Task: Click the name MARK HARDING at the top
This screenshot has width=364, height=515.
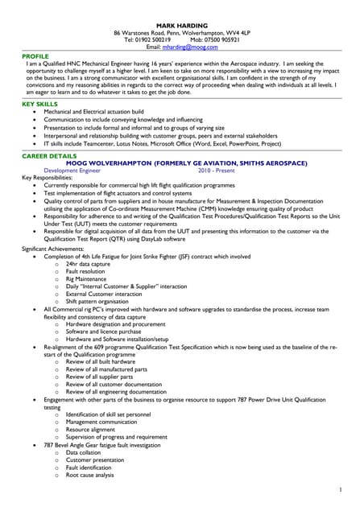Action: click(181, 27)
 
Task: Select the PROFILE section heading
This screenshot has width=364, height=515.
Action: click(37, 56)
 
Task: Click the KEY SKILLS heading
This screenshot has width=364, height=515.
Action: click(40, 104)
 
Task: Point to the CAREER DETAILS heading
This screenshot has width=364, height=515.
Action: click(49, 154)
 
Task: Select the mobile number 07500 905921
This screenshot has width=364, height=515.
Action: click(221, 40)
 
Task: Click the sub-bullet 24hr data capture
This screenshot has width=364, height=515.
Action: click(89, 263)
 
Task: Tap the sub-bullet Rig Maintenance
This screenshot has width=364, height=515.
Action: click(88, 279)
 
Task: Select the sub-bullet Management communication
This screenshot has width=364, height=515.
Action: click(101, 421)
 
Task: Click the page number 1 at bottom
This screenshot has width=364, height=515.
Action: click(341, 489)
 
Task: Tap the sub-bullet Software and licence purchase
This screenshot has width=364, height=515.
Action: click(102, 331)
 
